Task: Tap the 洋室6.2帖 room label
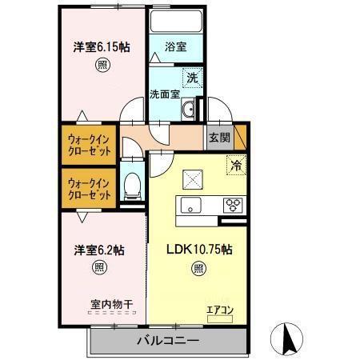[99, 249]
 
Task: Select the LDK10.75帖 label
[198, 249]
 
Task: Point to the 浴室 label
[176, 47]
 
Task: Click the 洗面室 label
[165, 94]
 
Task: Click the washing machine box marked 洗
[192, 78]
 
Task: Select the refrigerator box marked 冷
[236, 166]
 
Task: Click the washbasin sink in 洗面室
[190, 110]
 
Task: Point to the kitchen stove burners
[234, 203]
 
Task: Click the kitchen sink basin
[194, 204]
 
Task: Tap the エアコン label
[220, 310]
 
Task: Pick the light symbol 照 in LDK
[198, 269]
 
